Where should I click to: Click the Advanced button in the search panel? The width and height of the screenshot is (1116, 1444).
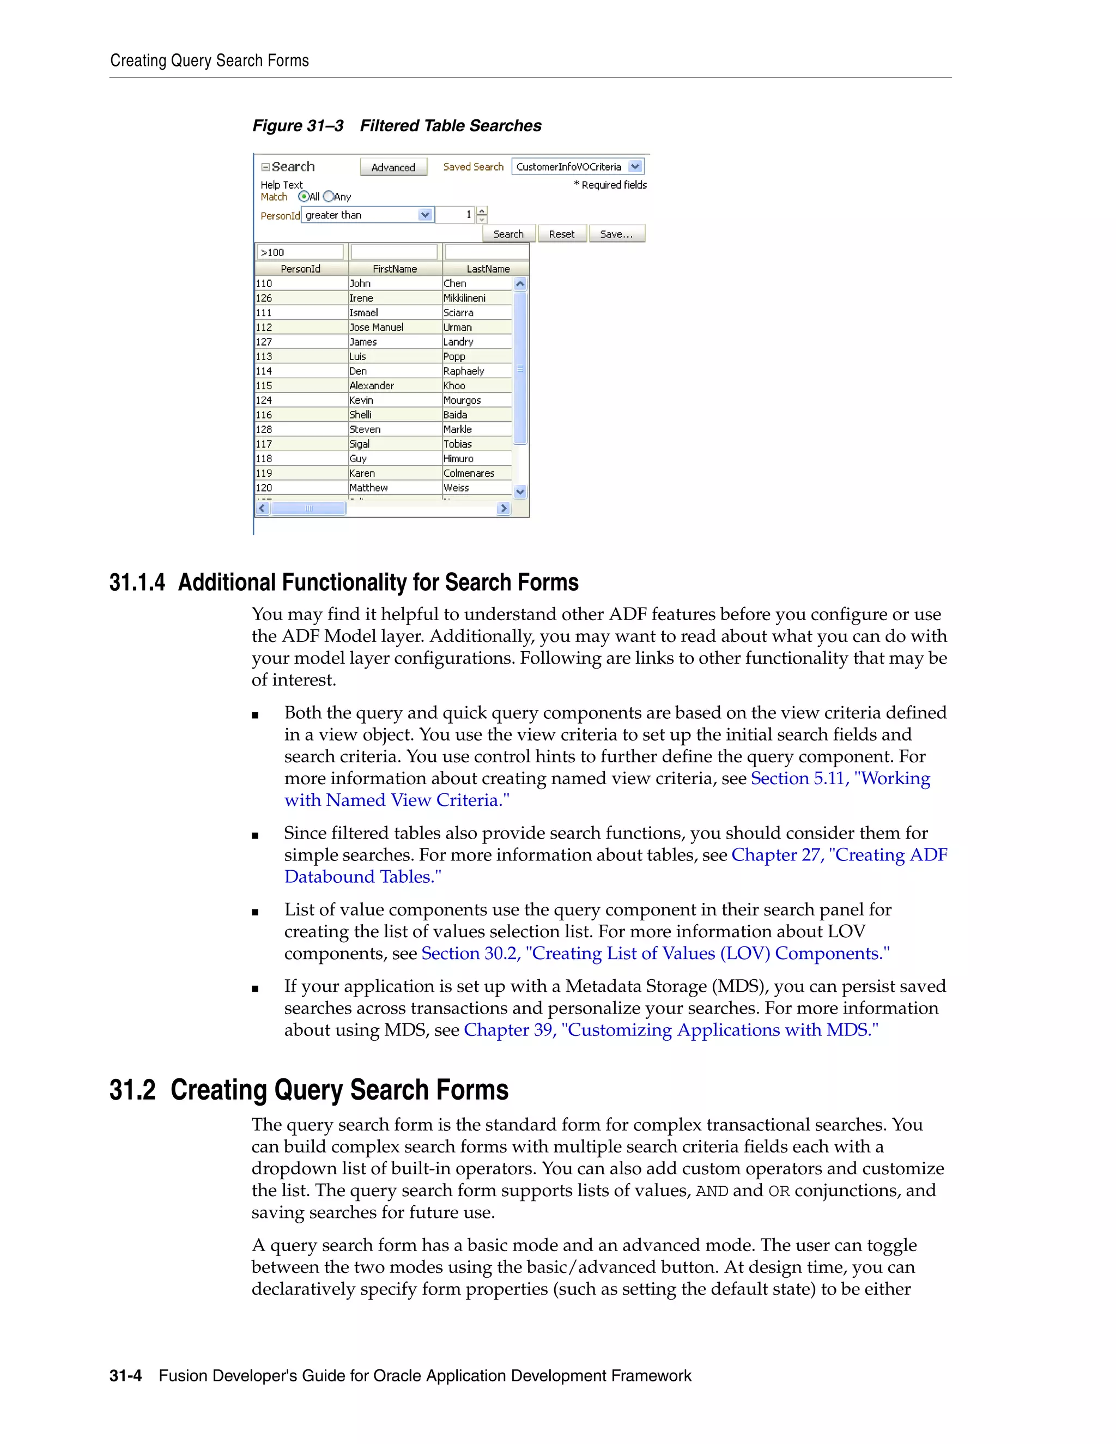(x=393, y=167)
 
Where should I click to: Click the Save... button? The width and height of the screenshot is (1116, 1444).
(x=616, y=234)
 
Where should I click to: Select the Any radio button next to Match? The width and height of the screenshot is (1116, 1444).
(x=329, y=196)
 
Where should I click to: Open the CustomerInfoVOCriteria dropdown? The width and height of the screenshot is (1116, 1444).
(x=635, y=167)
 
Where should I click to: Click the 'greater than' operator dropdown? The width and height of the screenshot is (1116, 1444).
(x=425, y=215)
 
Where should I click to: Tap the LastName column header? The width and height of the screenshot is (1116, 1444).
(x=487, y=269)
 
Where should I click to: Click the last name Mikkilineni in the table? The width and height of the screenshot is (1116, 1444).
(x=464, y=298)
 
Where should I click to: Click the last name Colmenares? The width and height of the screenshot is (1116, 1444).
(x=469, y=474)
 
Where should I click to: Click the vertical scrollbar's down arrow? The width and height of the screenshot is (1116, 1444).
(x=520, y=492)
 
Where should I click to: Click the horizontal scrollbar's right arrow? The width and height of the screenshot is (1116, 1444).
(x=504, y=508)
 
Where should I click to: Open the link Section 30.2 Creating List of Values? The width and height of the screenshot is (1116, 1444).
(x=654, y=954)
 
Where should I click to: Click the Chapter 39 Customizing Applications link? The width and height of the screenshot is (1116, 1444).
(x=670, y=1030)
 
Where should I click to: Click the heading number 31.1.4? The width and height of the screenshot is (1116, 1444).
(x=137, y=583)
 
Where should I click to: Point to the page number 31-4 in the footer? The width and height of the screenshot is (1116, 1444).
(x=126, y=1376)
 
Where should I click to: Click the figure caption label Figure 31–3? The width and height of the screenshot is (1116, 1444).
(x=298, y=126)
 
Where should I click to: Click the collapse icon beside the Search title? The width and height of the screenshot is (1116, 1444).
(x=265, y=167)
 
